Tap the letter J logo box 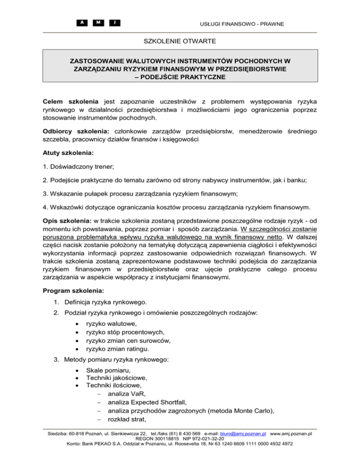coord(114,22)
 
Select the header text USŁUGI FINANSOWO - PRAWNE coord(243,23)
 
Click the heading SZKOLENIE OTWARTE coord(180,42)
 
